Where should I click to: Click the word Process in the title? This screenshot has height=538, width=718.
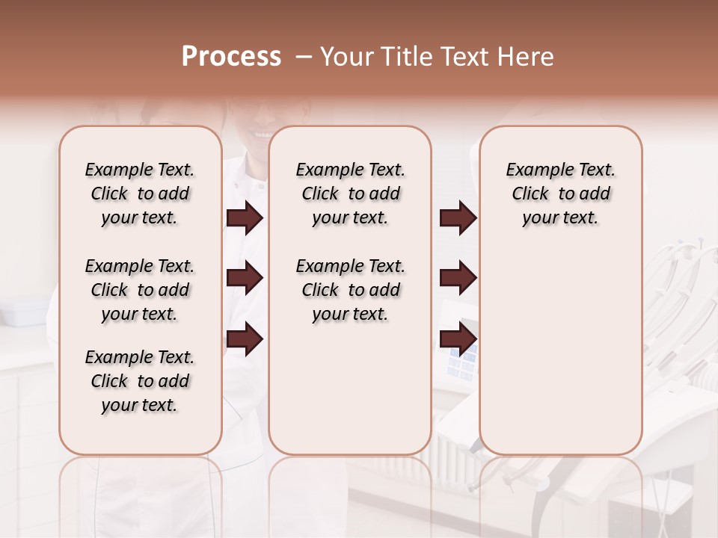point(231,57)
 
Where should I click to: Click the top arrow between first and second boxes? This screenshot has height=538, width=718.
point(245,218)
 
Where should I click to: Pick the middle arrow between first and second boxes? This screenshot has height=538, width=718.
point(245,279)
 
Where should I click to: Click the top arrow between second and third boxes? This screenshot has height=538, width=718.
point(458,218)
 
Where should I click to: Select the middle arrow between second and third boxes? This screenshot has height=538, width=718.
point(458,279)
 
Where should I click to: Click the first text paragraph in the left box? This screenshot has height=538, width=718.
point(140,194)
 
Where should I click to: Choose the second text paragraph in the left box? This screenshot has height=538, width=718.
point(140,290)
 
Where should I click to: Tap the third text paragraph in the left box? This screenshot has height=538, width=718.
point(140,381)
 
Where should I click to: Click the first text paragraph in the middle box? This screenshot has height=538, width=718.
point(350,194)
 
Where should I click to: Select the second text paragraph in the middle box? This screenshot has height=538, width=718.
point(350,290)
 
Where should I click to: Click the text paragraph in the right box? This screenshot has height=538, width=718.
point(560,194)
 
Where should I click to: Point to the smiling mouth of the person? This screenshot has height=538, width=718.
point(262,134)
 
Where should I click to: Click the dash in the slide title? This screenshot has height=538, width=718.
point(303,57)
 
